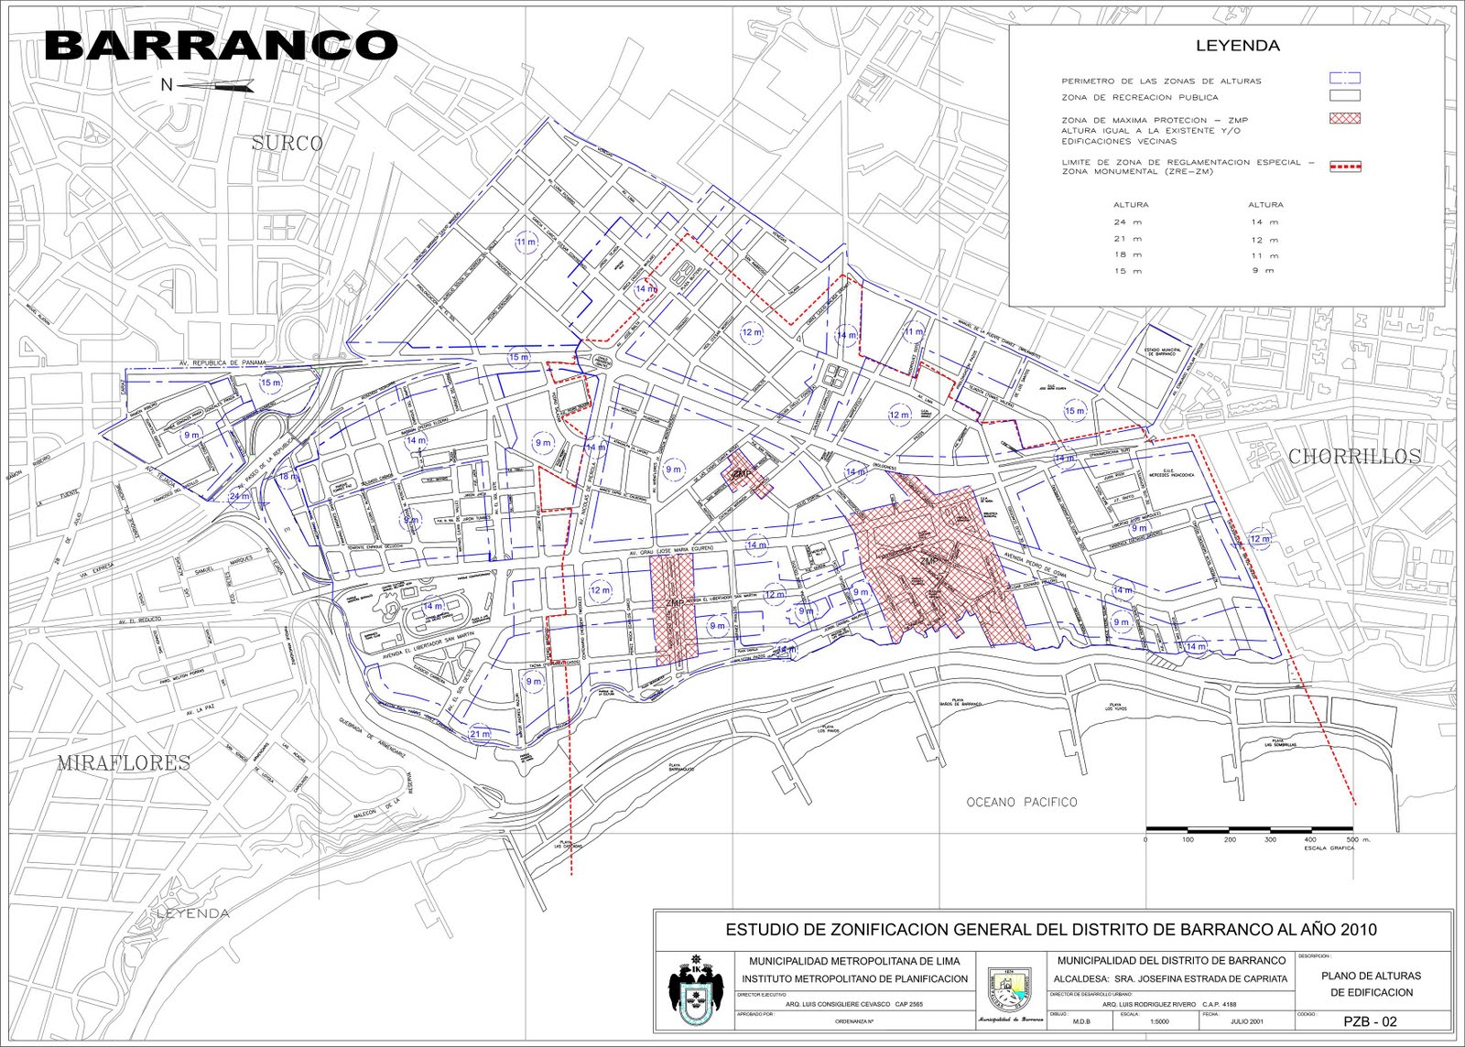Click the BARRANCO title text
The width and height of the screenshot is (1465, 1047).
(x=221, y=45)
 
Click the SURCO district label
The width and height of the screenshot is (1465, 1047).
(x=288, y=144)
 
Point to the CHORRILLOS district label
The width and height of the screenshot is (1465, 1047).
(x=1355, y=456)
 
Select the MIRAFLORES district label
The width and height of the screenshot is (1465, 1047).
(x=125, y=762)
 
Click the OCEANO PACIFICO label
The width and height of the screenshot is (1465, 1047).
(x=1022, y=803)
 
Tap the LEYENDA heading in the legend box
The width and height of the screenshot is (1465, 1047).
(x=1225, y=46)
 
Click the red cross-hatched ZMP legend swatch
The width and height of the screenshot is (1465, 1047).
(x=1344, y=118)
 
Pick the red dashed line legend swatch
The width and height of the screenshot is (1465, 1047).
(x=1344, y=167)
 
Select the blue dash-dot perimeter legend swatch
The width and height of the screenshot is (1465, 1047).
(x=1344, y=80)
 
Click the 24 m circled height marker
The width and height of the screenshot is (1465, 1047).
(x=240, y=497)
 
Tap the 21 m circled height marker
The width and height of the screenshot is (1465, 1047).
(x=480, y=734)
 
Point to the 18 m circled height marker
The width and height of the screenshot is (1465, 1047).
(x=288, y=477)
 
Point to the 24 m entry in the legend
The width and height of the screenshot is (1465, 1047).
(x=1131, y=222)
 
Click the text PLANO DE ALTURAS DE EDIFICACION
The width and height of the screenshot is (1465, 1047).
(x=1371, y=984)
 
